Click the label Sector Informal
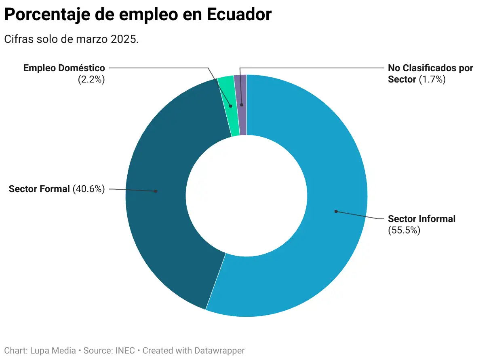coord(421,219)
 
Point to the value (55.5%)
coord(404,231)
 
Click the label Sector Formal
coord(39,188)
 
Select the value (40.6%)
coord(88,188)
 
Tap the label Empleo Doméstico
coord(64,68)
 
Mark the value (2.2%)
coord(91,79)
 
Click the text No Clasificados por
coord(430,68)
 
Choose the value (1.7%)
coord(432,79)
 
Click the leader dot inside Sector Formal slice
coord(156,191)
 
